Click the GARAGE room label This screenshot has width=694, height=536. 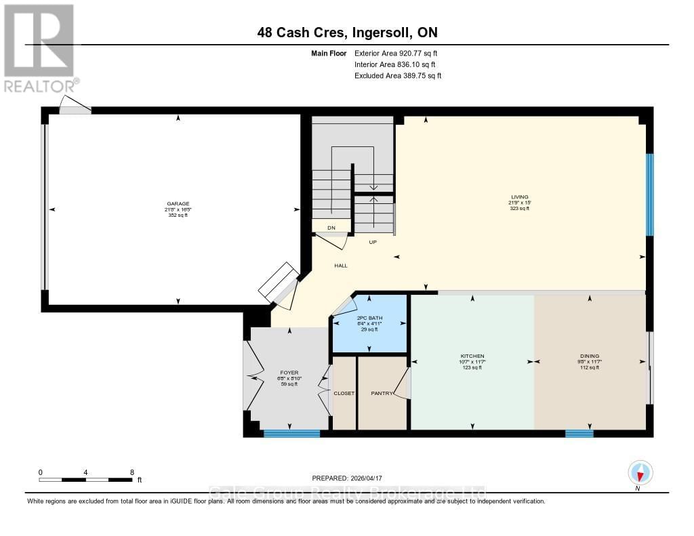point(178,203)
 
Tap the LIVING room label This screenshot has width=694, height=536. point(520,197)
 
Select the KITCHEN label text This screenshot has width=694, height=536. point(472,356)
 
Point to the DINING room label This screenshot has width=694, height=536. point(589,356)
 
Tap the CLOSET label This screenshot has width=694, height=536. point(344,393)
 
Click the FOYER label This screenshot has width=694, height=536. point(289,372)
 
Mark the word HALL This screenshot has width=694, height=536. point(341,266)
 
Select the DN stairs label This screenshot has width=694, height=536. point(331,228)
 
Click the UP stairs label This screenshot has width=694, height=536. point(373,242)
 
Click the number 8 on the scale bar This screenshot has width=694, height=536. point(131,472)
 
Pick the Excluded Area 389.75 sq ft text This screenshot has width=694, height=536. point(398,76)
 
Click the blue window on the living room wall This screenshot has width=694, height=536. point(649,194)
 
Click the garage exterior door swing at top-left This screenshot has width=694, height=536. point(75,105)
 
